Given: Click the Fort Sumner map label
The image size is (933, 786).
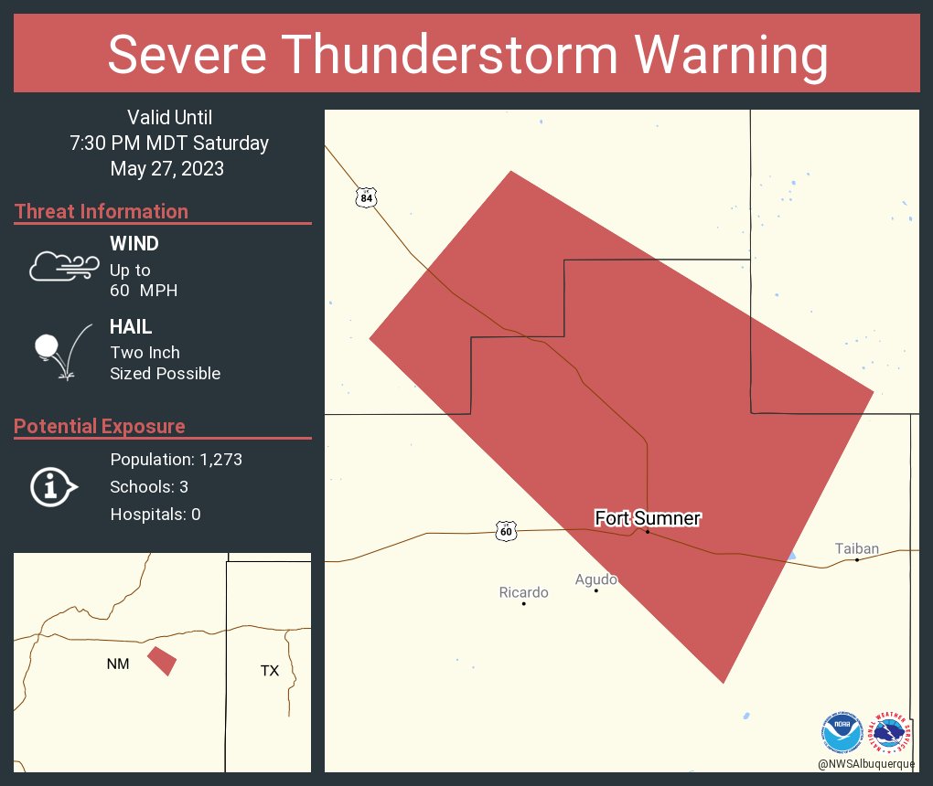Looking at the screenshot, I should coord(648,518).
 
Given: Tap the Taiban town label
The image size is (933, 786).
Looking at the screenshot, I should coord(856,548).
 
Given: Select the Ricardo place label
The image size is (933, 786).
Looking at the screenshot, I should coord(523,592).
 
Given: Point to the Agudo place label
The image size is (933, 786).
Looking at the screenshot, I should coord(595,579).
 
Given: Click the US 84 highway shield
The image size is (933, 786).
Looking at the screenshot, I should coord(367,197).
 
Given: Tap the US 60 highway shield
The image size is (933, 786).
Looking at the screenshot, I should coord(507,531).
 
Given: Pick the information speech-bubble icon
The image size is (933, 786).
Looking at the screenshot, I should coord(53,486).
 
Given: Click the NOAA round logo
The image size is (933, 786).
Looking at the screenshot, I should coord(842,732).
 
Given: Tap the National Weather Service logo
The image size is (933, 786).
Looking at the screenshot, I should coord(894,732).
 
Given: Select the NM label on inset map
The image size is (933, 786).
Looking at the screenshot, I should coord(117,664).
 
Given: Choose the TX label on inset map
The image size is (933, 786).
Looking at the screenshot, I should coord(269,671).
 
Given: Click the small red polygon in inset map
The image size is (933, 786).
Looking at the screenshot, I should coord(163,661).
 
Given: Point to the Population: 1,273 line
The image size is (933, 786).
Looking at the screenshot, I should coord(176,460).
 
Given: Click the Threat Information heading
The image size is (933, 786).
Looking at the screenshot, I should coord(102,211).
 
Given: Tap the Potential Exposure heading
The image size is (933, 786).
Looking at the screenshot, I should coord(100,426).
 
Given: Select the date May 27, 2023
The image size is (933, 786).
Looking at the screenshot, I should coord(167,168).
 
